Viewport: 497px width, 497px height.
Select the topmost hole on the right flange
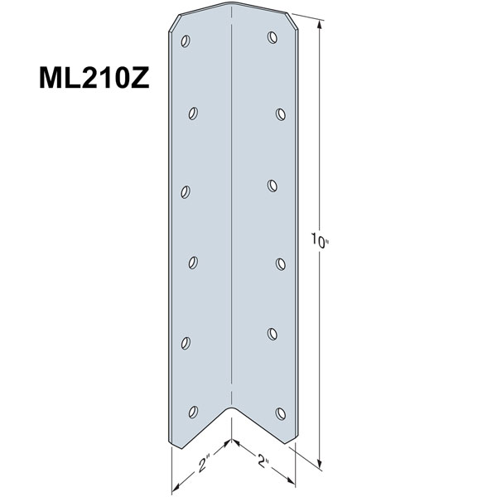272,36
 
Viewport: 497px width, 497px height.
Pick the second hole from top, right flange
281,113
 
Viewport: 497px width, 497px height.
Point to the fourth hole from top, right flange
281,263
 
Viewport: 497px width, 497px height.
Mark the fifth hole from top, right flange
272,334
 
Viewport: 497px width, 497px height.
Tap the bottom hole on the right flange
281,411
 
